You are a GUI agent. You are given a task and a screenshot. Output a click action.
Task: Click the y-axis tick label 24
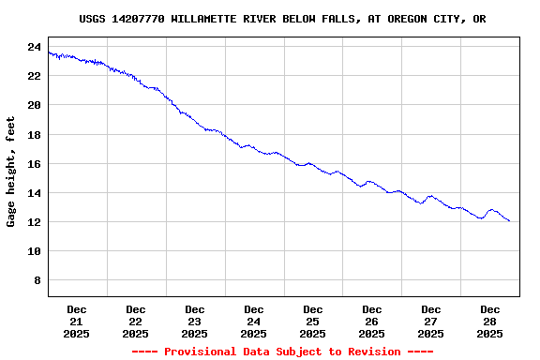coord(34,47)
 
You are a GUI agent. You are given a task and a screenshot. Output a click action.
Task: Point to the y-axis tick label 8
coord(37,280)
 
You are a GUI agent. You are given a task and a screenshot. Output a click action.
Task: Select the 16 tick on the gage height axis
coord(34,163)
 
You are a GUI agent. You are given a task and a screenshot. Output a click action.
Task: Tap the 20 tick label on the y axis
coord(34,105)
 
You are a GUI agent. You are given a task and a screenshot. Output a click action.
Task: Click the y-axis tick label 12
coord(34,222)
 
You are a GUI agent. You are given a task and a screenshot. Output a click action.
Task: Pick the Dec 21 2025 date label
coord(77,321)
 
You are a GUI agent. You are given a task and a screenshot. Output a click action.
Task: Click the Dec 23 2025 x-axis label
coord(195,321)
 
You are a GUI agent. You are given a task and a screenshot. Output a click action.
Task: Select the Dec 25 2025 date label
coord(313,321)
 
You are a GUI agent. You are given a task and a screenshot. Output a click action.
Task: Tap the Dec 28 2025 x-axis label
coord(490,321)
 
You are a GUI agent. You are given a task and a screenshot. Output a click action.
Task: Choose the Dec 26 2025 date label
coord(372,321)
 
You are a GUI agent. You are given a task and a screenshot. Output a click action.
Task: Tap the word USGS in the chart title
coord(93,19)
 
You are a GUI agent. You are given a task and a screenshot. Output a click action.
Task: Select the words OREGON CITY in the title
coord(414,19)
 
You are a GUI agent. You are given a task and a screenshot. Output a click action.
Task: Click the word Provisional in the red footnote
coord(197,352)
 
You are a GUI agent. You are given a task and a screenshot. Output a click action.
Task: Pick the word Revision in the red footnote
coord(374,352)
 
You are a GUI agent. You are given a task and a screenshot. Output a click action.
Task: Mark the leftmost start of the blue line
coord(49,52)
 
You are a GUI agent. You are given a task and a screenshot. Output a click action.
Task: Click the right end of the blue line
coord(509,221)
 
